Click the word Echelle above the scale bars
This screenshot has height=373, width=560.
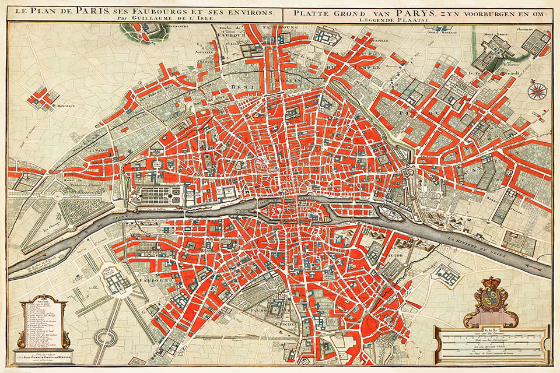coord(491,330)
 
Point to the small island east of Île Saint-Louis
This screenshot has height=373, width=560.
coord(390,214)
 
